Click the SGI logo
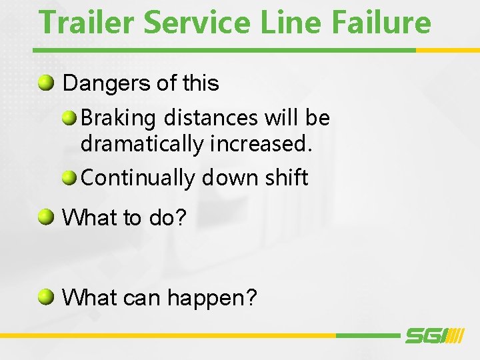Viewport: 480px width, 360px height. point(433,336)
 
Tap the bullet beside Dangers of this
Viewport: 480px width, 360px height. point(46,83)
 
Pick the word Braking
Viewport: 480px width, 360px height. point(118,119)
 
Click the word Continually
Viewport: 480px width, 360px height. point(138,178)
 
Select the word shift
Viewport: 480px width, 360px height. point(287,177)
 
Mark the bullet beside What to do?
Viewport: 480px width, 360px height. point(46,217)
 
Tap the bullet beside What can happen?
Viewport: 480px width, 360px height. point(46,297)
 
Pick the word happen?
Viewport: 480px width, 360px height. point(211,298)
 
